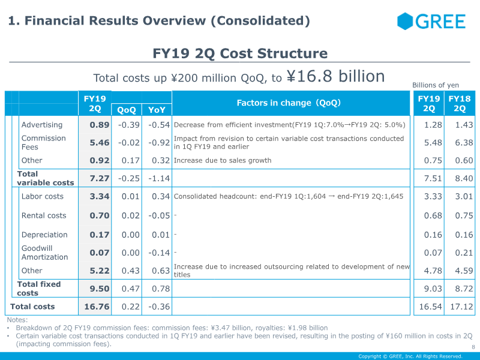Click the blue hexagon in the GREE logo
tap(405, 21)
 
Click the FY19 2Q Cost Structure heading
tap(240, 53)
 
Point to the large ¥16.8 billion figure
tap(336, 76)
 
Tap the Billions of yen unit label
tap(436, 85)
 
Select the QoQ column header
tap(127, 110)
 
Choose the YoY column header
tap(157, 110)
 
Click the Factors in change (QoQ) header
tap(289, 103)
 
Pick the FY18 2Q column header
tap(460, 103)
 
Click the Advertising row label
tap(42, 125)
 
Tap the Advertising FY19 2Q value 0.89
tap(100, 125)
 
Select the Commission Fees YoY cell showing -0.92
tap(159, 143)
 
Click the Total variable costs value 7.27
tap(100, 178)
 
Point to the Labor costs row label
tap(43, 196)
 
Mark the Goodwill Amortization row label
tap(44, 253)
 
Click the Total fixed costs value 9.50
tap(100, 289)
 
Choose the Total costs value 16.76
tap(97, 307)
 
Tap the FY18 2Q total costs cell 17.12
tap(461, 307)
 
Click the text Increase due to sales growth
tap(223, 160)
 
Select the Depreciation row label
tap(44, 235)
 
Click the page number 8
tap(473, 347)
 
